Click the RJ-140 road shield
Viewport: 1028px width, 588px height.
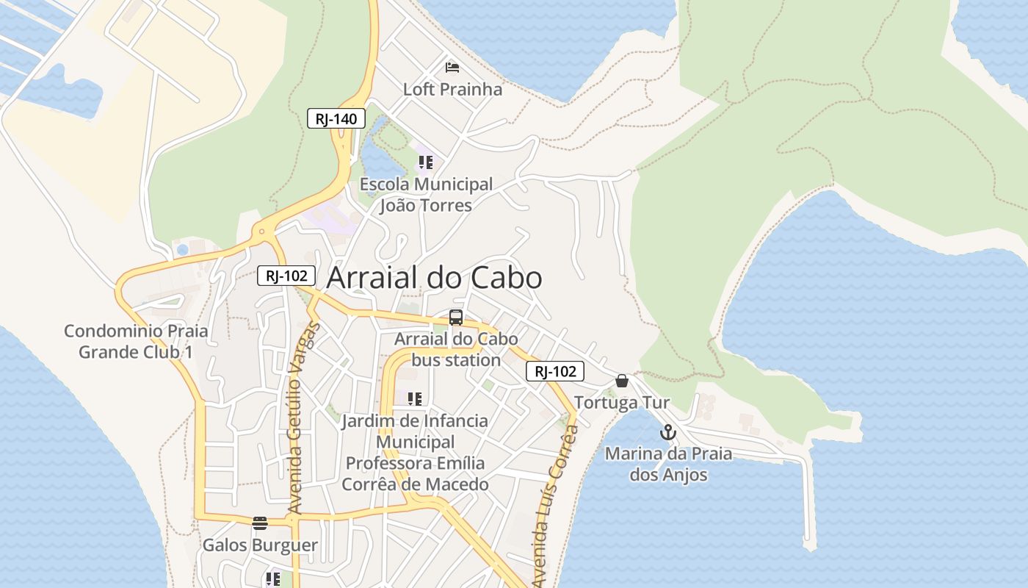336,118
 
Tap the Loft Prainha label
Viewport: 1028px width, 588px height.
452,90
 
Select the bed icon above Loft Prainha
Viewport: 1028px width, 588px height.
452,68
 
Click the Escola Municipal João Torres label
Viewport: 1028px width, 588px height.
426,195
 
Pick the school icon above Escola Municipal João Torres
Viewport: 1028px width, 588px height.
426,162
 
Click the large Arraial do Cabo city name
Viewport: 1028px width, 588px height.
434,278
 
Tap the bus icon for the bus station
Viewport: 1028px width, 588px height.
456,318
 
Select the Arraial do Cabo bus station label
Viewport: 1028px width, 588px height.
456,350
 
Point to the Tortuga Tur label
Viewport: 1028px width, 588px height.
622,403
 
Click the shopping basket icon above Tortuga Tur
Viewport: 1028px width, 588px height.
622,381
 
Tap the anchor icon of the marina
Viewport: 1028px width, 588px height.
667,432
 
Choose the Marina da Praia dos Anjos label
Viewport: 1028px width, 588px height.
668,464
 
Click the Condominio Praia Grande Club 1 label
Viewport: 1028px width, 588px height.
136,341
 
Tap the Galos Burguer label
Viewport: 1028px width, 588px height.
260,545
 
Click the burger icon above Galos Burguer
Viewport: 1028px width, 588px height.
260,523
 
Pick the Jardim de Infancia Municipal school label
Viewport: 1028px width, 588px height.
415,452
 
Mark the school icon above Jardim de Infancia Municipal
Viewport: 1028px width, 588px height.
415,399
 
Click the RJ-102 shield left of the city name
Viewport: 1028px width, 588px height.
286,276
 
